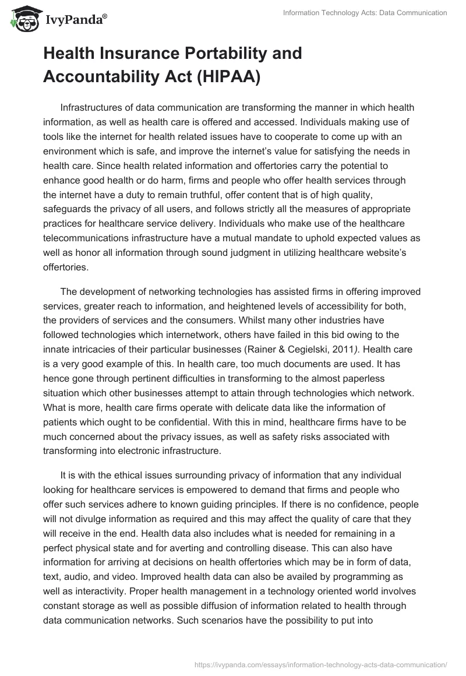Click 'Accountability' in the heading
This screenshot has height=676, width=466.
tap(105, 76)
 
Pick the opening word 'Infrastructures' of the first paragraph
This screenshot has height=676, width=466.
tap(93, 108)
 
